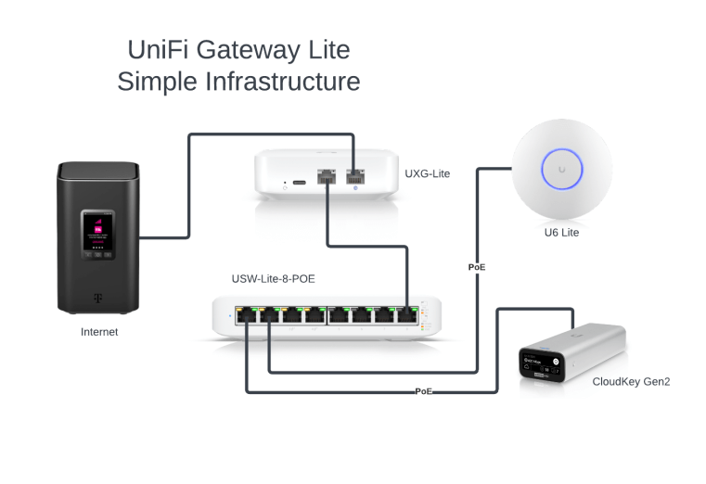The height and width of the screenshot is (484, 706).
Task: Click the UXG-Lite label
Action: coord(427,173)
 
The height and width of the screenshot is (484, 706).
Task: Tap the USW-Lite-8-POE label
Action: coord(278,279)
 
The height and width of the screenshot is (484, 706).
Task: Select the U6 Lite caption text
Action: coord(562,233)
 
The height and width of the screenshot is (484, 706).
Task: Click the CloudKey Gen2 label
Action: coord(630,381)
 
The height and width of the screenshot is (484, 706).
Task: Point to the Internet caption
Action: coord(99,331)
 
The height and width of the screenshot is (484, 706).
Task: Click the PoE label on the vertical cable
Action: coord(477,267)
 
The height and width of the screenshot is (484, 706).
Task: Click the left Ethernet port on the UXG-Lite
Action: coord(327,175)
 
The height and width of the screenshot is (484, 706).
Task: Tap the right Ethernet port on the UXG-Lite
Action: coord(354,175)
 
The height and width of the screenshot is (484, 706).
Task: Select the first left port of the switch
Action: coord(247,315)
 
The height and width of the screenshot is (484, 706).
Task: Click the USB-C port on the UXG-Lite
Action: coord(300,185)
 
